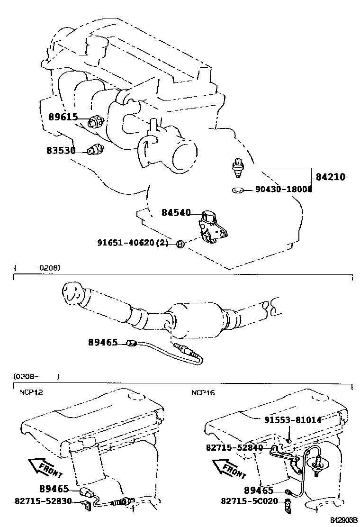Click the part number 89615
pyautogui.click(x=63, y=117)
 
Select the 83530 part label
pyautogui.click(x=61, y=150)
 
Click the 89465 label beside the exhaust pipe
pyautogui.click(x=102, y=342)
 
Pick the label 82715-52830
pyautogui.click(x=43, y=500)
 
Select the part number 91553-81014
pyautogui.click(x=293, y=419)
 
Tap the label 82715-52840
pyautogui.click(x=235, y=447)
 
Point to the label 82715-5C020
pyautogui.click(x=249, y=500)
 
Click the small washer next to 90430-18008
pyautogui.click(x=238, y=190)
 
